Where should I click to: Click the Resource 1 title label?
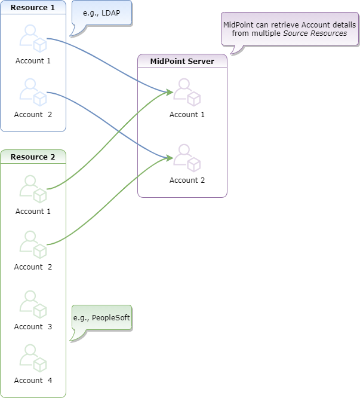[x=33, y=7]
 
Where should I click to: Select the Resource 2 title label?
[x=33, y=157]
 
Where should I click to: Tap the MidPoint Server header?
[x=182, y=61]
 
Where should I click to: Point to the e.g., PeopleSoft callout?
[x=101, y=318]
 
